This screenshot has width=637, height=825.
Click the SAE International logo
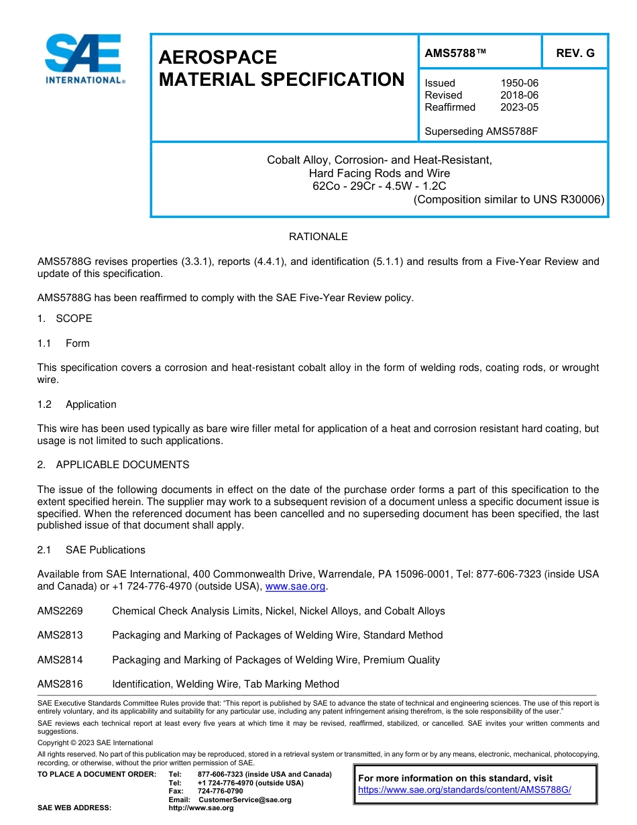83,59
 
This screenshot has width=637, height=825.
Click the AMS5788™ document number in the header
455,53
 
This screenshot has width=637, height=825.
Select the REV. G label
575,53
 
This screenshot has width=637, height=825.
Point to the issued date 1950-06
519,83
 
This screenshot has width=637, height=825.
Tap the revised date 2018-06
519,95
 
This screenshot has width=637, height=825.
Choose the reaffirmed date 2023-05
519,107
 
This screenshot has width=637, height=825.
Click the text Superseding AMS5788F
481,131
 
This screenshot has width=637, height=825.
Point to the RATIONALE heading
318,237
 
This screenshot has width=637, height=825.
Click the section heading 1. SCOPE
64,319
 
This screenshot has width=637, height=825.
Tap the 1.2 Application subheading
77,404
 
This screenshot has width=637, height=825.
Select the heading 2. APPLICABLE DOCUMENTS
113,465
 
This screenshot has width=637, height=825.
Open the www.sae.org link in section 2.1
295,586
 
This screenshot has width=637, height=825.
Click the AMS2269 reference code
60,611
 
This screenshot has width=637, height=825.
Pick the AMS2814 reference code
60,660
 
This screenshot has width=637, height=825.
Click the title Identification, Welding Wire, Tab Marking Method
225,684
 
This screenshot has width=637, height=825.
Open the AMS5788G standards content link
464,789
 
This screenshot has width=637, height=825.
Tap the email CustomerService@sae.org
245,800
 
